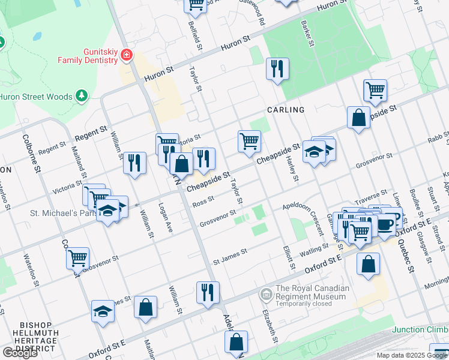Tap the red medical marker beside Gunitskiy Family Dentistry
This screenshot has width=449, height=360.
126,56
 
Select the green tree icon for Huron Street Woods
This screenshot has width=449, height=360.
81,96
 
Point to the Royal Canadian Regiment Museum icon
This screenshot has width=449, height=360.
265,294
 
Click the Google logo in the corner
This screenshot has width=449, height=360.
20,353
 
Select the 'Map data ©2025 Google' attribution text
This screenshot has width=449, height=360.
412,355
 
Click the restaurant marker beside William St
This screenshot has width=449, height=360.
134,162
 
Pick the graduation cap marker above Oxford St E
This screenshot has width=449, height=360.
103,311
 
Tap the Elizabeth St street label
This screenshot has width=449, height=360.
270,324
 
